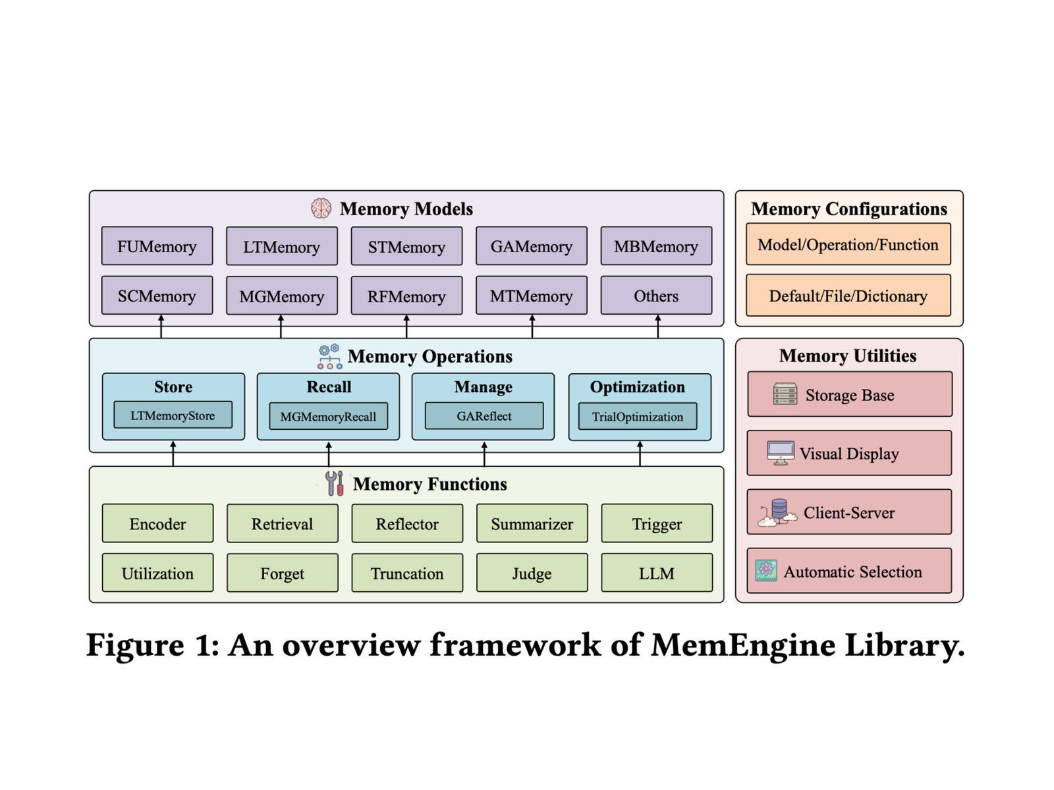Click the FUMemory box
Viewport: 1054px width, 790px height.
[157, 246]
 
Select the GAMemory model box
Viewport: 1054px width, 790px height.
[531, 246]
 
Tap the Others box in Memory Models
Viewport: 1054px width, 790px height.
[656, 296]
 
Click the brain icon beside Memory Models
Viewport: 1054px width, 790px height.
[321, 208]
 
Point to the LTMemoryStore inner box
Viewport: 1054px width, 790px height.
[173, 415]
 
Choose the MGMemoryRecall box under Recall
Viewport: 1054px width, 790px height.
[328, 416]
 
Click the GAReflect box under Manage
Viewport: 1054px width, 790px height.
[484, 416]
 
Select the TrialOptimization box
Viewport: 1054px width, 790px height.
[637, 416]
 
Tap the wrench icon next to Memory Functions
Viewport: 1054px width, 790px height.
[335, 483]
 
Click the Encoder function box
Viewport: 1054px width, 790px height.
[157, 523]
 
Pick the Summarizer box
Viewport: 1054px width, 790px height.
[532, 523]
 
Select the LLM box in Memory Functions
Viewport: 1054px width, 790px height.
[656, 573]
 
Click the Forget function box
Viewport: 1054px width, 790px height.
[282, 573]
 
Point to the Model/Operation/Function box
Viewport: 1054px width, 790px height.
[848, 244]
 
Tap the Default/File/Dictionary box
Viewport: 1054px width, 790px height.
[848, 296]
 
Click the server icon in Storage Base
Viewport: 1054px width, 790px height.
[785, 394]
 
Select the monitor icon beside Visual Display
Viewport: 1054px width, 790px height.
[781, 453]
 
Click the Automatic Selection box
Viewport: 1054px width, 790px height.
[849, 571]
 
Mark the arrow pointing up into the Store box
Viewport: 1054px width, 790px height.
[173, 453]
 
